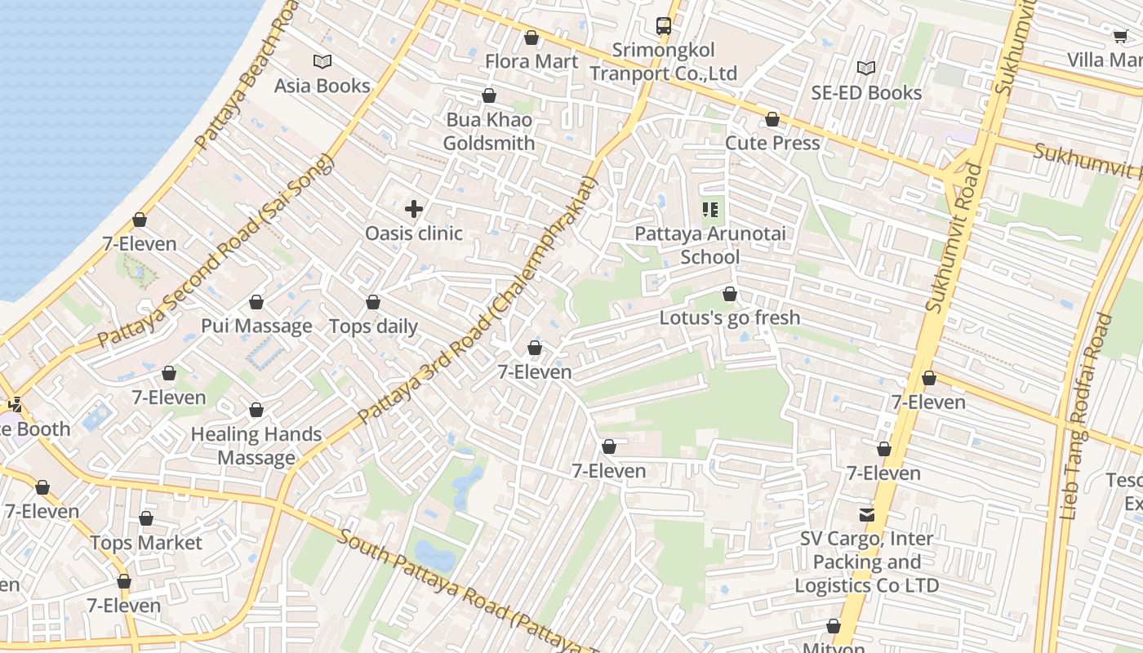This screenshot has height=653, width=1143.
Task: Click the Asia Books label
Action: [322, 86]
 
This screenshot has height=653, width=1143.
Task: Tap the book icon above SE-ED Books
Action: [865, 68]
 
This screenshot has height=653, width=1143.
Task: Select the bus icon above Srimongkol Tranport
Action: [664, 26]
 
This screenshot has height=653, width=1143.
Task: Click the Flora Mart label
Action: [531, 61]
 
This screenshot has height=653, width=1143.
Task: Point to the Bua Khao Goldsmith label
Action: [489, 131]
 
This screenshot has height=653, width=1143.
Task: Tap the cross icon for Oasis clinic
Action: [414, 209]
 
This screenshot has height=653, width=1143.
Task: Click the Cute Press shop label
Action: [772, 143]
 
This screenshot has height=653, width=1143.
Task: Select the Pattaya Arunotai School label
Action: [710, 245]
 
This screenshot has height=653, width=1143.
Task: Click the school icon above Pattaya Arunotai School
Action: [710, 210]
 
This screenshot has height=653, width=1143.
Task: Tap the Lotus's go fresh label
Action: [730, 318]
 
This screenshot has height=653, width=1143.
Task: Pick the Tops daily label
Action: [373, 326]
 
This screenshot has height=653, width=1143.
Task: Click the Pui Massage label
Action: [256, 326]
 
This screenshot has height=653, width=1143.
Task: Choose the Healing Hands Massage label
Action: [256, 446]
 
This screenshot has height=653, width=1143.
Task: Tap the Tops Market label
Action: [146, 543]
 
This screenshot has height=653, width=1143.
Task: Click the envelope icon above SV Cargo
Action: [866, 515]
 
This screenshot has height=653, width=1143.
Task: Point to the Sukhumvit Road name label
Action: [953, 237]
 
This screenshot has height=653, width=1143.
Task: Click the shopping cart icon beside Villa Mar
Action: [1121, 35]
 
